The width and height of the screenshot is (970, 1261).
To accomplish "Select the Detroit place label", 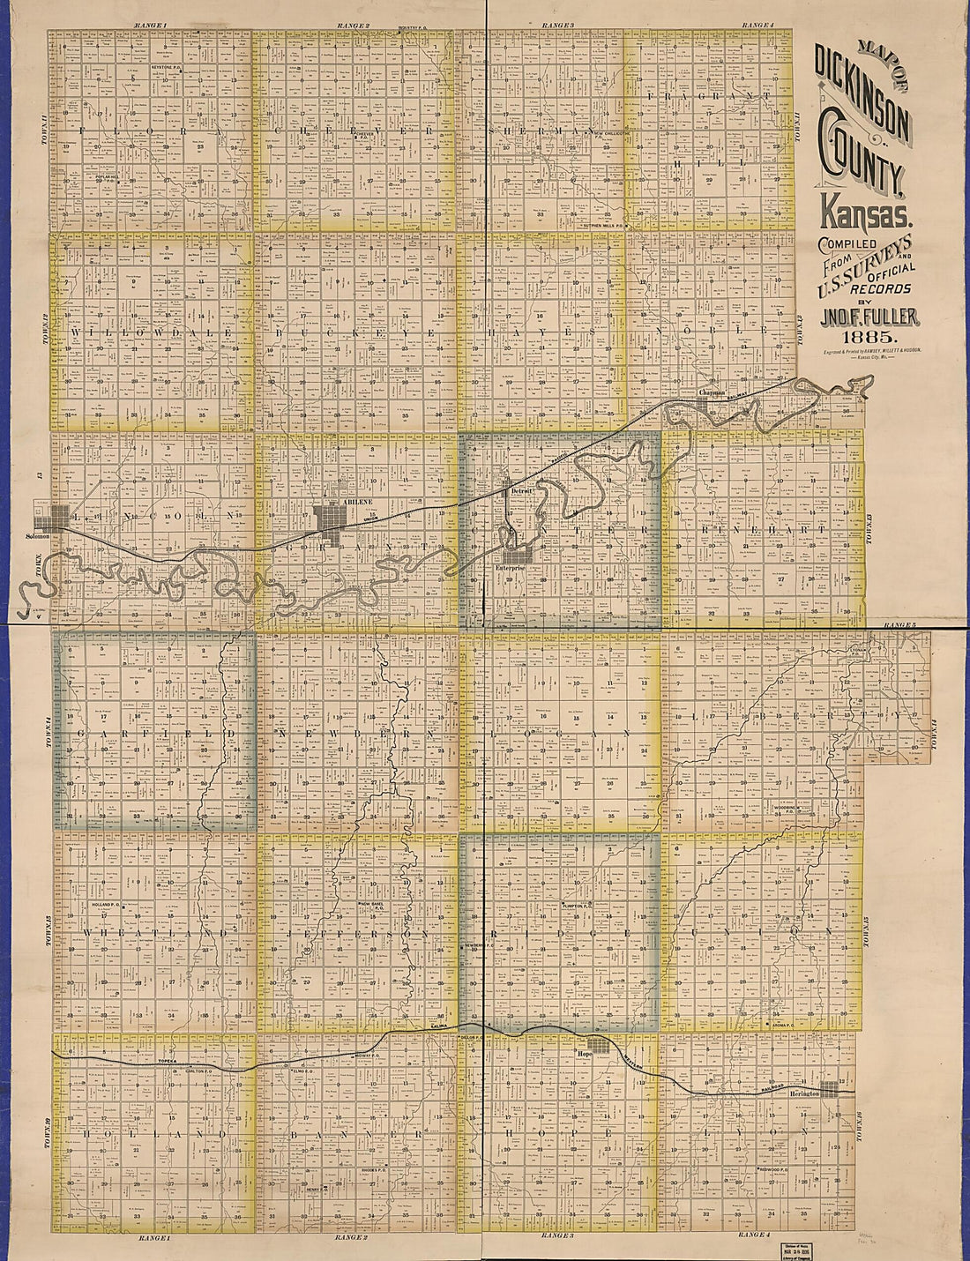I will point(524,493).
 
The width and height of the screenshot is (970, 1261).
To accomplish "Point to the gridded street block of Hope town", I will point(600,1044).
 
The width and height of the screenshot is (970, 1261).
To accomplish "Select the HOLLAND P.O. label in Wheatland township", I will point(110,905).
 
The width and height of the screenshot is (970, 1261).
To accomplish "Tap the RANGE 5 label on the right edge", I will point(896,626).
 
